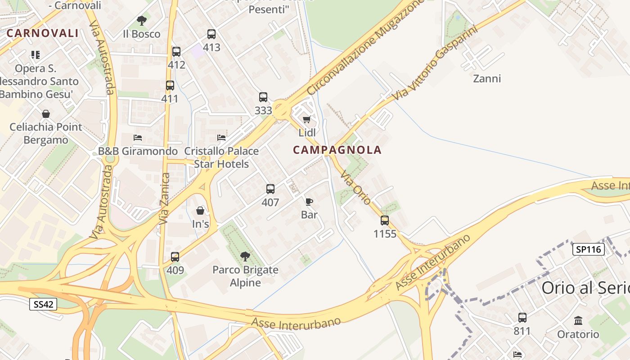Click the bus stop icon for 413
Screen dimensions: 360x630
coord(211,34)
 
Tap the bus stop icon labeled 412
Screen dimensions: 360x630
coord(176,52)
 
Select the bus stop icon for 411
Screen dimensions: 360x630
coord(170,85)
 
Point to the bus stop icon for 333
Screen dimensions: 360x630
coord(263,97)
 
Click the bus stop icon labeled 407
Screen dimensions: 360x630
coord(270,189)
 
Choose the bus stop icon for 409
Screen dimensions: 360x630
coord(175,257)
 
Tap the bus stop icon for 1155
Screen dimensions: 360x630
coord(385,220)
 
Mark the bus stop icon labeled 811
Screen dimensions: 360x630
coord(522,318)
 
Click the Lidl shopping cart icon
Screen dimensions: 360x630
coord(307,120)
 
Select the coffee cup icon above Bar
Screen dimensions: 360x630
coord(309,202)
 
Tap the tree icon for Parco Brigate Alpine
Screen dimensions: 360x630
coord(245,257)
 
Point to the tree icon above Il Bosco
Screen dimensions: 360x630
coord(142,21)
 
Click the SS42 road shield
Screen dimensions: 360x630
coord(44,304)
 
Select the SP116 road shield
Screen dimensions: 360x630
coord(588,249)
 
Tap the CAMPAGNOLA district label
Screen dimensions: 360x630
coord(337,150)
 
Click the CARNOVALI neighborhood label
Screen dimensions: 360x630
coord(43,33)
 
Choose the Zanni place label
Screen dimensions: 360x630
coord(487,79)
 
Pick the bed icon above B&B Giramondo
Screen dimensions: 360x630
coord(138,138)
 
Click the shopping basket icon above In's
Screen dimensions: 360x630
coord(200,211)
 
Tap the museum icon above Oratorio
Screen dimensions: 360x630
coord(578,321)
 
